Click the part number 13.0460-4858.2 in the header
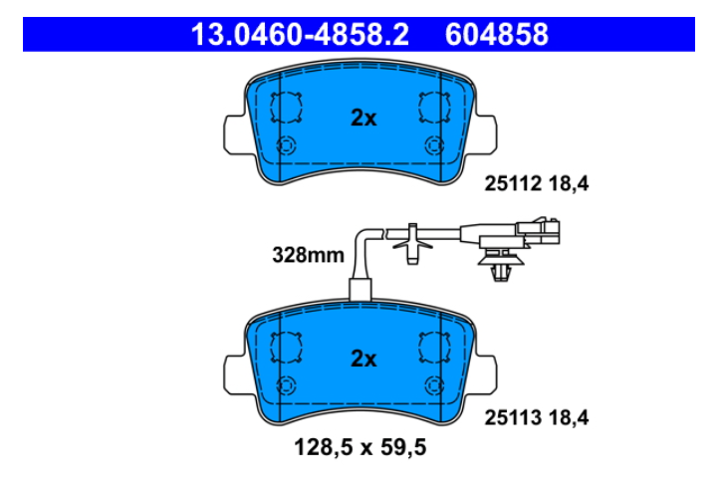[x=300, y=34]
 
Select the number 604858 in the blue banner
[x=497, y=34]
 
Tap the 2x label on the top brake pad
[x=363, y=118]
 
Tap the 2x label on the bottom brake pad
[x=363, y=359]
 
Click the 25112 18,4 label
[x=536, y=184]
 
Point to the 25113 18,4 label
[x=536, y=417]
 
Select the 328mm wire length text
[x=308, y=255]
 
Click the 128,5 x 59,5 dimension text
[x=360, y=447]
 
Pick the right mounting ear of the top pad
[x=486, y=133]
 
